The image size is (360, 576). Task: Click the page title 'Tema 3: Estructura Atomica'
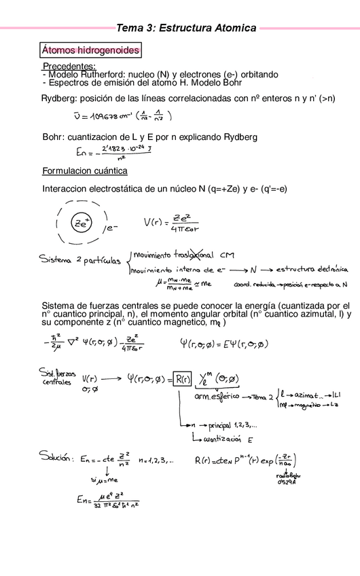(187, 28)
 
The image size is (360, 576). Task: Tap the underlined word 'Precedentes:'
(69, 67)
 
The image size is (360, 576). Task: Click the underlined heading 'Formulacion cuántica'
(85, 170)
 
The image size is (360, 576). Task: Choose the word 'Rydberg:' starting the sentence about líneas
(60, 99)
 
